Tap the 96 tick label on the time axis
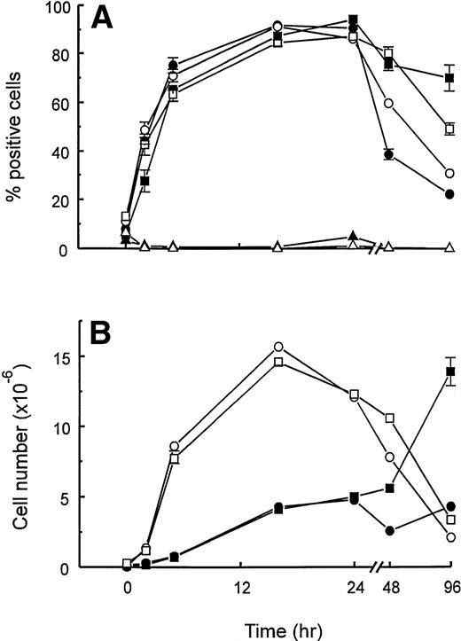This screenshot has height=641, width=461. tap(449, 587)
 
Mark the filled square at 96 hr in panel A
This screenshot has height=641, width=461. tap(449, 78)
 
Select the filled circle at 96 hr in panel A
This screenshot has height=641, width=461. tap(449, 193)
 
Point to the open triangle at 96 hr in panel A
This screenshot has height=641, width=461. tap(449, 248)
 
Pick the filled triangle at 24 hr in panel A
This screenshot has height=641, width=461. tap(354, 236)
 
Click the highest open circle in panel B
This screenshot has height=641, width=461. tap(278, 347)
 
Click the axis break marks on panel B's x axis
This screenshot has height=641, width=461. tap(372, 567)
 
